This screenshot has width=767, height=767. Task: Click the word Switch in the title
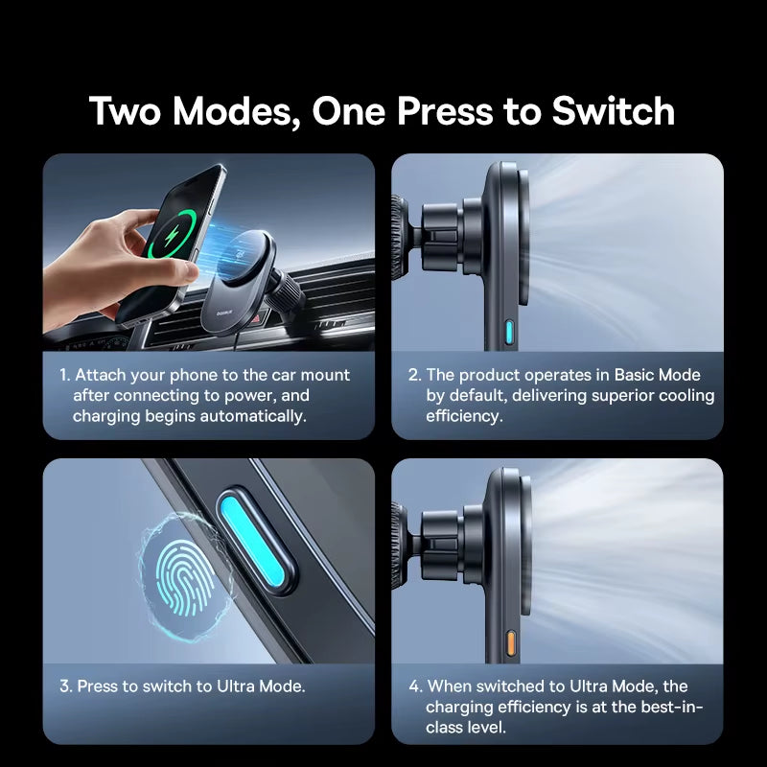tap(613, 111)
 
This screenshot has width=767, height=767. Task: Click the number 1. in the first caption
tap(64, 376)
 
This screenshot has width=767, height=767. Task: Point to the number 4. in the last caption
tap(414, 686)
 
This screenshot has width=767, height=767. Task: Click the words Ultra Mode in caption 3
tap(261, 686)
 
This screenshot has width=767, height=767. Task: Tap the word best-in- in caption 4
tap(671, 708)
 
